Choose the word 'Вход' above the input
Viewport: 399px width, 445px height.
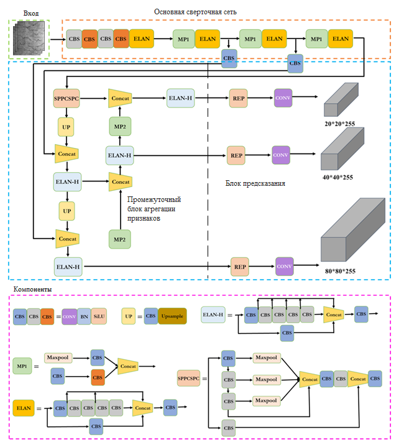30,14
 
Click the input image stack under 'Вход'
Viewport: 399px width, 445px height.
30,39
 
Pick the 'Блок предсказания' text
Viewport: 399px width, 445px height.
255,184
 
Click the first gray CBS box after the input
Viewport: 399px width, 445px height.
74,39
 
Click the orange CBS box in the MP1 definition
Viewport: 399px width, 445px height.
97,376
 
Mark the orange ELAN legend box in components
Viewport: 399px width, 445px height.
24,408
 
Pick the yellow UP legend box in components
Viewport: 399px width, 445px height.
129,316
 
